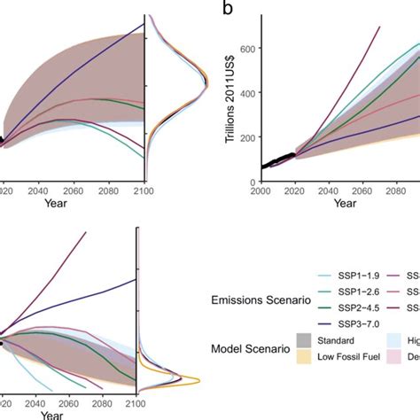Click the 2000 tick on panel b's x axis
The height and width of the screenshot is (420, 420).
(x=261, y=191)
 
